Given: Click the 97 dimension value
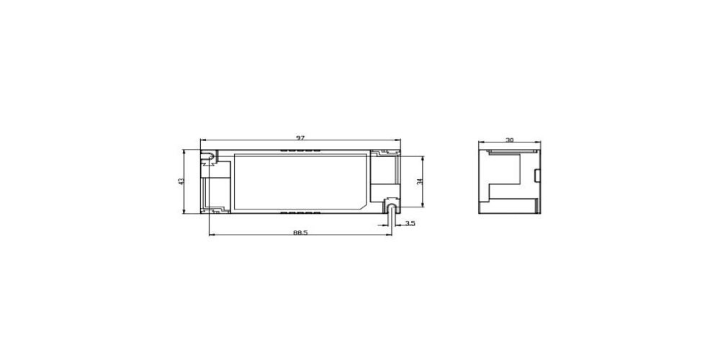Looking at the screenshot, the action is pos(300,138).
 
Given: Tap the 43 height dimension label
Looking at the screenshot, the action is pos(181,182).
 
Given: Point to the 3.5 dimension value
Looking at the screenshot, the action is pos(410,223).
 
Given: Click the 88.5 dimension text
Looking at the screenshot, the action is pos(300,233).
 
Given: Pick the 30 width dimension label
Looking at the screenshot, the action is pos(510,140).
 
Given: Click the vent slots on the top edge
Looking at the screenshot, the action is pos(301,150).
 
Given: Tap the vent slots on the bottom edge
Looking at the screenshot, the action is pos(301,212).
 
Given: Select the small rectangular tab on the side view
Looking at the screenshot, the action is pos(536,176).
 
